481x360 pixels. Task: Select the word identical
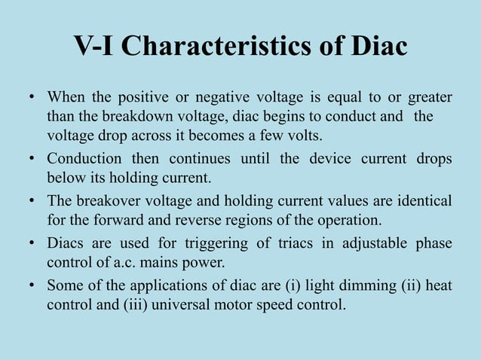pyautogui.click(x=416, y=201)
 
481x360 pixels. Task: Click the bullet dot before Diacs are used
pyautogui.click(x=32, y=243)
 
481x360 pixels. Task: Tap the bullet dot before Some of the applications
pyautogui.click(x=32, y=285)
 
